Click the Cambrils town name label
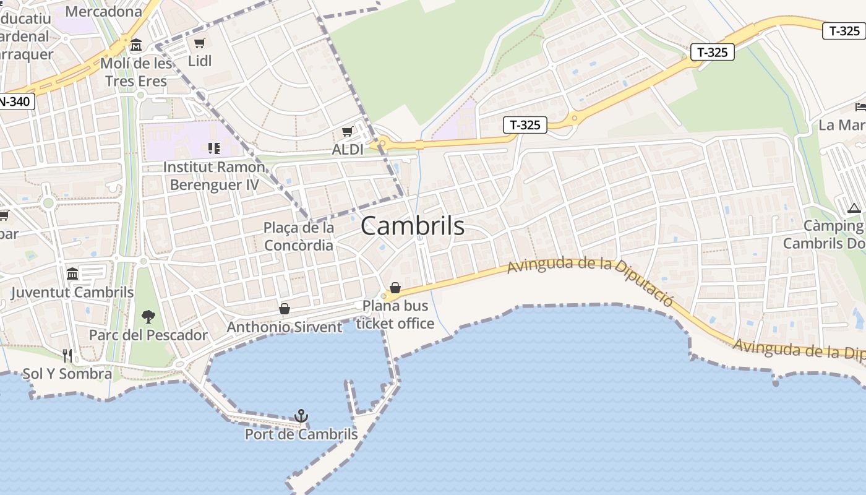coord(413,226)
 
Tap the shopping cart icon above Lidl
coord(199,43)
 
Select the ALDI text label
coord(348,149)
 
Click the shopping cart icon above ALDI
coord(347,132)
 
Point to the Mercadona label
coord(103,11)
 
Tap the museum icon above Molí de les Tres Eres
coord(136,45)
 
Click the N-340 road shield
coord(15,101)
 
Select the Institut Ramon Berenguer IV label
coord(214,176)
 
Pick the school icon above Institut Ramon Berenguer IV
coord(214,148)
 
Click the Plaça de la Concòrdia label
coord(299,236)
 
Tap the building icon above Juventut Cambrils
coord(72,273)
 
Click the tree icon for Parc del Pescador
coord(148,317)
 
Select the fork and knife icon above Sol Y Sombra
coord(67,355)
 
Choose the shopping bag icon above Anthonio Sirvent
coord(285,308)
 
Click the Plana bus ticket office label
coord(395,314)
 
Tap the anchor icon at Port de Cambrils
coord(301,416)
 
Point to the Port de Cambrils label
coord(301,434)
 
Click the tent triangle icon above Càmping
coord(854,208)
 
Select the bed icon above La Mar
coord(860,107)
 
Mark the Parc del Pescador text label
coord(148,335)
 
